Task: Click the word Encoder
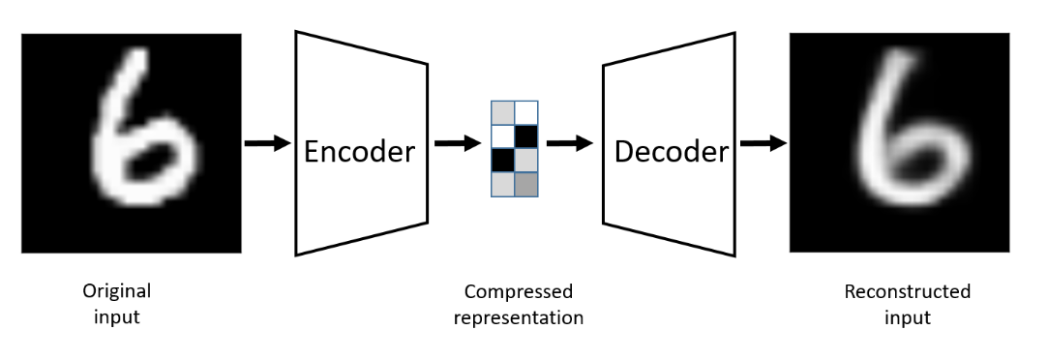(x=359, y=151)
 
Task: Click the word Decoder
(x=671, y=152)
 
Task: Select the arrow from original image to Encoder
(x=267, y=143)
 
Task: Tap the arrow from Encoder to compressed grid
(x=457, y=143)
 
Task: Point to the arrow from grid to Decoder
(x=569, y=143)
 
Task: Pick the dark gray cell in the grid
(x=525, y=184)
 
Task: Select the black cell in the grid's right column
(x=525, y=136)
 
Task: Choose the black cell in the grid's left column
(x=503, y=160)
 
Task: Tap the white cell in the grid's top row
(x=525, y=112)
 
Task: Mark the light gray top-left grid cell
(x=503, y=112)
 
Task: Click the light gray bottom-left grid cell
(x=503, y=184)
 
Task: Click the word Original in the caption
(x=116, y=291)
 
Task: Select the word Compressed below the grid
(x=518, y=291)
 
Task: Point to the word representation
(x=518, y=317)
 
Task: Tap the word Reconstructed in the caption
(x=907, y=291)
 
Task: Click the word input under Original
(x=117, y=317)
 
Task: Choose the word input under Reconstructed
(x=908, y=317)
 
